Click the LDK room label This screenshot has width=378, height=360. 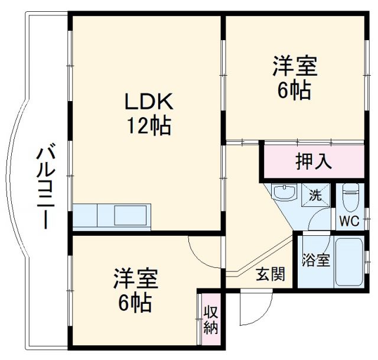tap(148, 102)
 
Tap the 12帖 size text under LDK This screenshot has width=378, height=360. tap(148, 125)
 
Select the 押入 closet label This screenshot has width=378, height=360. tap(314, 161)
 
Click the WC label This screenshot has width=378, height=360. tap(349, 222)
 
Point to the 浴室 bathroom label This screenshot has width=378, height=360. tap(316, 261)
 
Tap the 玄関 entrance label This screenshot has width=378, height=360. tap(271, 274)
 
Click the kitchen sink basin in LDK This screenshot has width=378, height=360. tap(132, 216)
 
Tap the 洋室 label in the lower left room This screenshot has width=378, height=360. tap(135, 279)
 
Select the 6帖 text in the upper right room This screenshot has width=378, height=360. tap(295, 90)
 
